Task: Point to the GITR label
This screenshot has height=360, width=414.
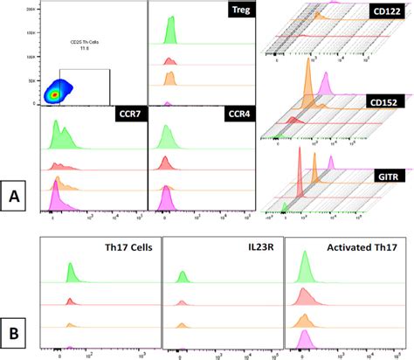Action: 389,176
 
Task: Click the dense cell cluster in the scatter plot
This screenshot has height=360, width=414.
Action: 56,92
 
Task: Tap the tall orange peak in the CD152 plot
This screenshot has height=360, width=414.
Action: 307,87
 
